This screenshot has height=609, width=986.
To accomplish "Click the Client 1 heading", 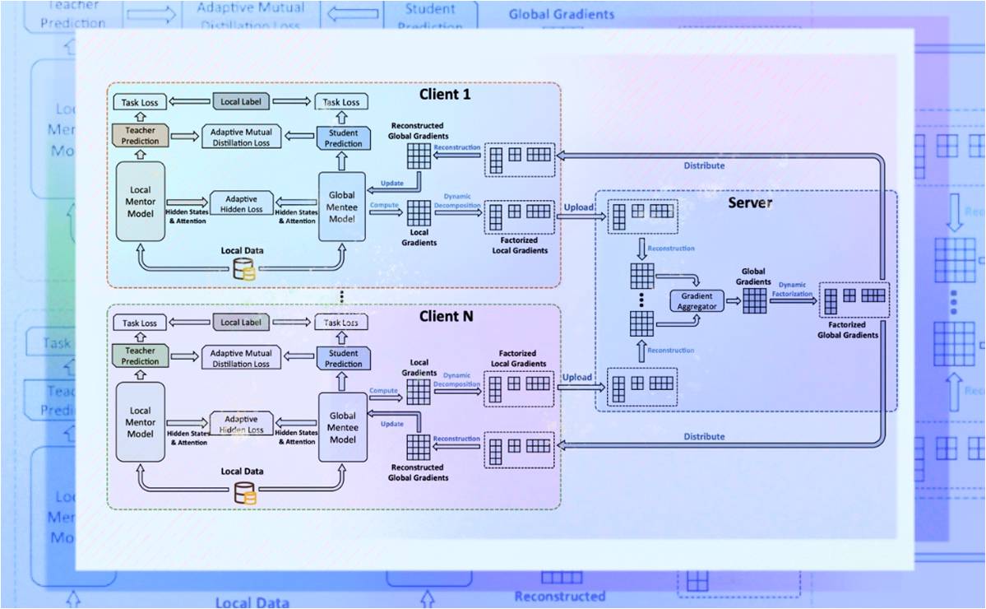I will click(x=445, y=94).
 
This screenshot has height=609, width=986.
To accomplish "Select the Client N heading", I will click(x=446, y=315).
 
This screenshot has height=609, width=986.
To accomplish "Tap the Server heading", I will click(x=749, y=202).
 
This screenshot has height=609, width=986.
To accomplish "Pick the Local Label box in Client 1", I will click(x=241, y=101).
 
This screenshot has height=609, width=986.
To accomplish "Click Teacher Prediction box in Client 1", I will click(x=140, y=137).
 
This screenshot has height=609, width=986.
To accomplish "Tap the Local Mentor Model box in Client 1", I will click(x=141, y=202).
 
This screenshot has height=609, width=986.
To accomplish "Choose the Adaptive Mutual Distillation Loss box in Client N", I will click(x=241, y=359).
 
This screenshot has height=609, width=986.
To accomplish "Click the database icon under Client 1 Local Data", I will click(x=243, y=269).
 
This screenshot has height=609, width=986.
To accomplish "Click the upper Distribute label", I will click(x=704, y=165).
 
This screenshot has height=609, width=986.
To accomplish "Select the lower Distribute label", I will click(x=704, y=436).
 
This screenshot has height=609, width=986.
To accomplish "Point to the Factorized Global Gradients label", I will click(x=848, y=330).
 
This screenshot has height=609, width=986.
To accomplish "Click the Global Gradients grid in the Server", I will click(x=754, y=300).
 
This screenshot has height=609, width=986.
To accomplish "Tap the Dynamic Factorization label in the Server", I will click(x=794, y=289).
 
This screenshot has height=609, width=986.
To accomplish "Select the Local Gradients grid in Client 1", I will click(x=419, y=213).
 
